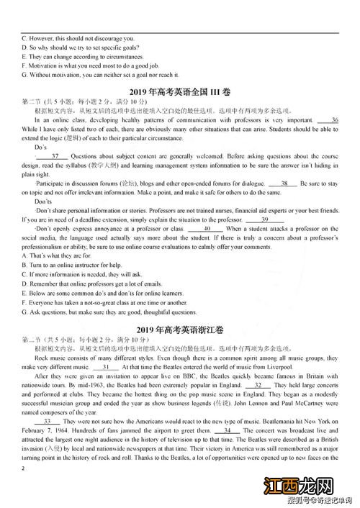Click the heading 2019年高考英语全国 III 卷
(x=179, y=91)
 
